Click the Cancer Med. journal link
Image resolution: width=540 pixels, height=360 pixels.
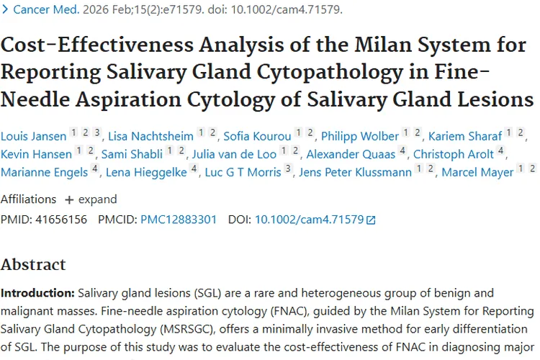[47, 10]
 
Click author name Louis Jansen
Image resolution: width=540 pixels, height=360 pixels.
[33, 136]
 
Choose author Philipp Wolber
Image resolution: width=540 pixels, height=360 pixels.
[360, 136]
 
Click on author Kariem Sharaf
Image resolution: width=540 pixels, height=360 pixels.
[465, 136]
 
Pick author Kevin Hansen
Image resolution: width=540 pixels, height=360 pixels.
[37, 154]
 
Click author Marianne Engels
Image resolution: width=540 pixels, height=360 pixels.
[45, 172]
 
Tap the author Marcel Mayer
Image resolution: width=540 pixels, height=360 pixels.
[477, 172]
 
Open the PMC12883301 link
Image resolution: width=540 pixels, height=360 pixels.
[179, 220]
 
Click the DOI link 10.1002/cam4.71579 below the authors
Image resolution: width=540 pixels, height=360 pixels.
[310, 220]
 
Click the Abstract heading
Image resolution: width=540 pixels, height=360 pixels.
[33, 264]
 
